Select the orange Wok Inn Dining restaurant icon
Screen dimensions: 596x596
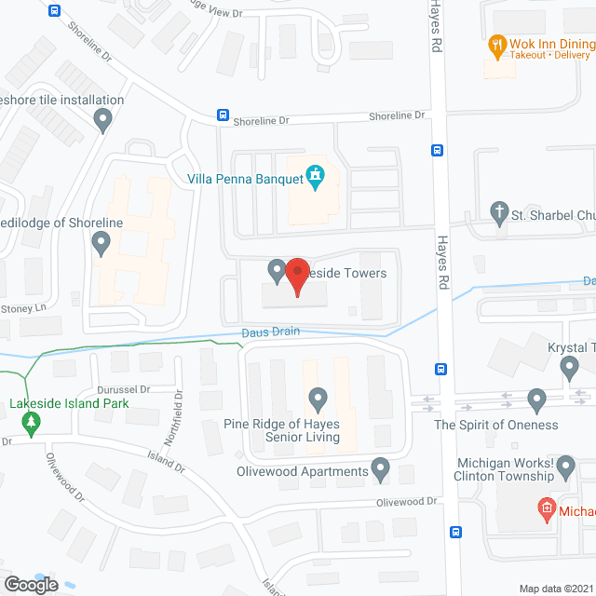[497, 44]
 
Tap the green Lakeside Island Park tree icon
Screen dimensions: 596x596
[33, 424]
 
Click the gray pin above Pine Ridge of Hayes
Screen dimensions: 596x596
[318, 400]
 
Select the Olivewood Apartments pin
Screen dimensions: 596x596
[380, 468]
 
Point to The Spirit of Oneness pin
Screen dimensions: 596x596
[535, 400]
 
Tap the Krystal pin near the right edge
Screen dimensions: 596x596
[570, 370]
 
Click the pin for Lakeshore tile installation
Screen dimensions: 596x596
[103, 119]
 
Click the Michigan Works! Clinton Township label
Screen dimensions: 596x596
[518, 468]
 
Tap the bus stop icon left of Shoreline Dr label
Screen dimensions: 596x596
[223, 115]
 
